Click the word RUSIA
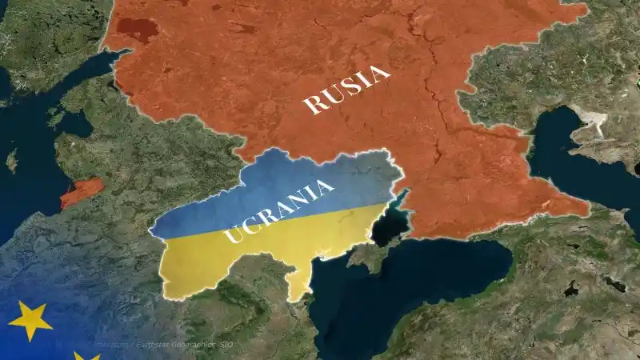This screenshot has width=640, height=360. (347, 90)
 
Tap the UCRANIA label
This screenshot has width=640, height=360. (279, 211)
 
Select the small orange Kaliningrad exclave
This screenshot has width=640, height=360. (82, 192)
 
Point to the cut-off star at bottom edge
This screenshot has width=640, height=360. (86, 355)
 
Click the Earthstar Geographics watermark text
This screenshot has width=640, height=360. (172, 345)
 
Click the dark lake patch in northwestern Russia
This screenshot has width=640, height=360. (135, 30)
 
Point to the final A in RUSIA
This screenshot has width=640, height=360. (380, 74)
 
